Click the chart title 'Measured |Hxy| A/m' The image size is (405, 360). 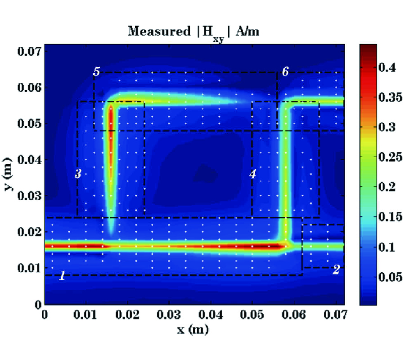(194, 32)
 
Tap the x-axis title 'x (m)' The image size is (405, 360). (194, 330)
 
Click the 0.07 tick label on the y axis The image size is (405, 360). (29, 51)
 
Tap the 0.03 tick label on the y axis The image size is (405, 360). (29, 196)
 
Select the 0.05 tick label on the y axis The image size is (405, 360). (29, 124)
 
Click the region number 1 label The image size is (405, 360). (63, 276)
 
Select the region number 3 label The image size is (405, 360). (78, 174)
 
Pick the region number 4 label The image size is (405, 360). (253, 174)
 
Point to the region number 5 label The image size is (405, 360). (96, 71)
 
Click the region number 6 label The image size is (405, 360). (285, 71)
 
